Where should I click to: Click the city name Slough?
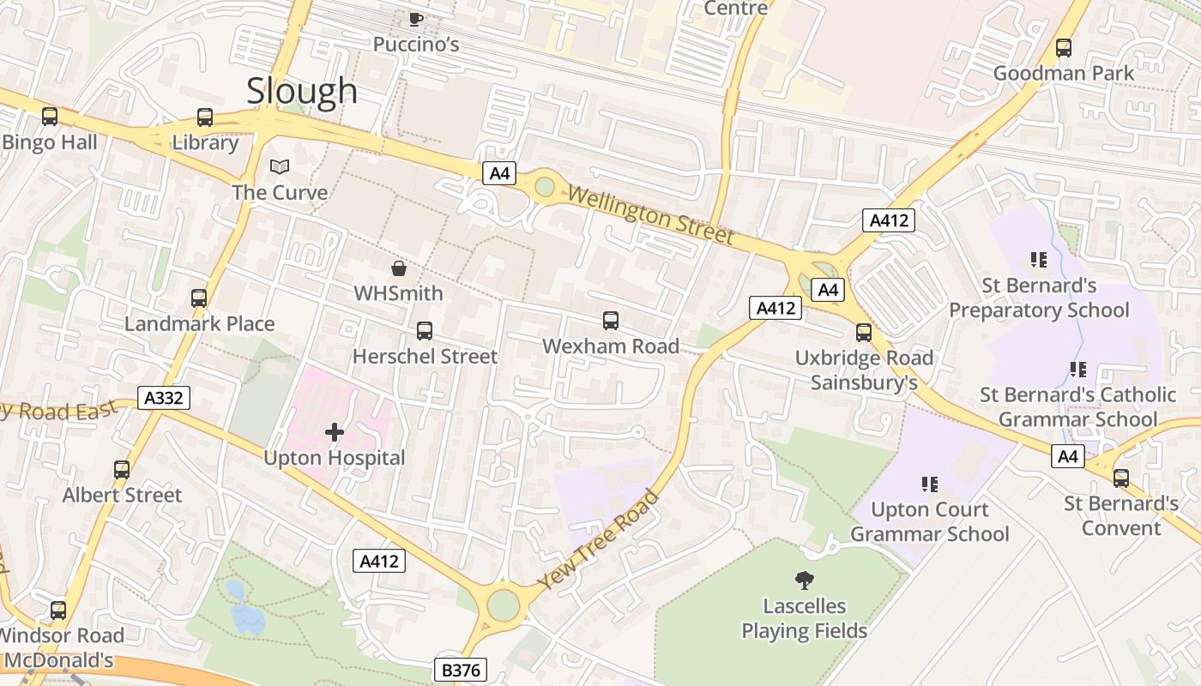302,91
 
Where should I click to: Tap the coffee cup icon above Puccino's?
416,18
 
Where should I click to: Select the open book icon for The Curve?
280,166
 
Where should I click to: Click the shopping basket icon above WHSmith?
399,268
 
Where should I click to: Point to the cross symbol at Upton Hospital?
335,433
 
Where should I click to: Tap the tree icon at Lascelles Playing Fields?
805,581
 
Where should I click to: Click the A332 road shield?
163,398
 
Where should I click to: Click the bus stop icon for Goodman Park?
1064,48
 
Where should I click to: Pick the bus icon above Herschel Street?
425,331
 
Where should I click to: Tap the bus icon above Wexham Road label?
611,321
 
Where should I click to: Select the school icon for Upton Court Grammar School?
929,484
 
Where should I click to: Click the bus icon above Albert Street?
122,470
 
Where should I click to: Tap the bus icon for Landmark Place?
199,298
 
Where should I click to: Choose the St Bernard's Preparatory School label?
1039,298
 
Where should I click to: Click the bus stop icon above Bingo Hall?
50,117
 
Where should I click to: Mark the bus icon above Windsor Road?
58,611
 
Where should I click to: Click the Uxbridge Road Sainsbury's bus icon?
864,333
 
